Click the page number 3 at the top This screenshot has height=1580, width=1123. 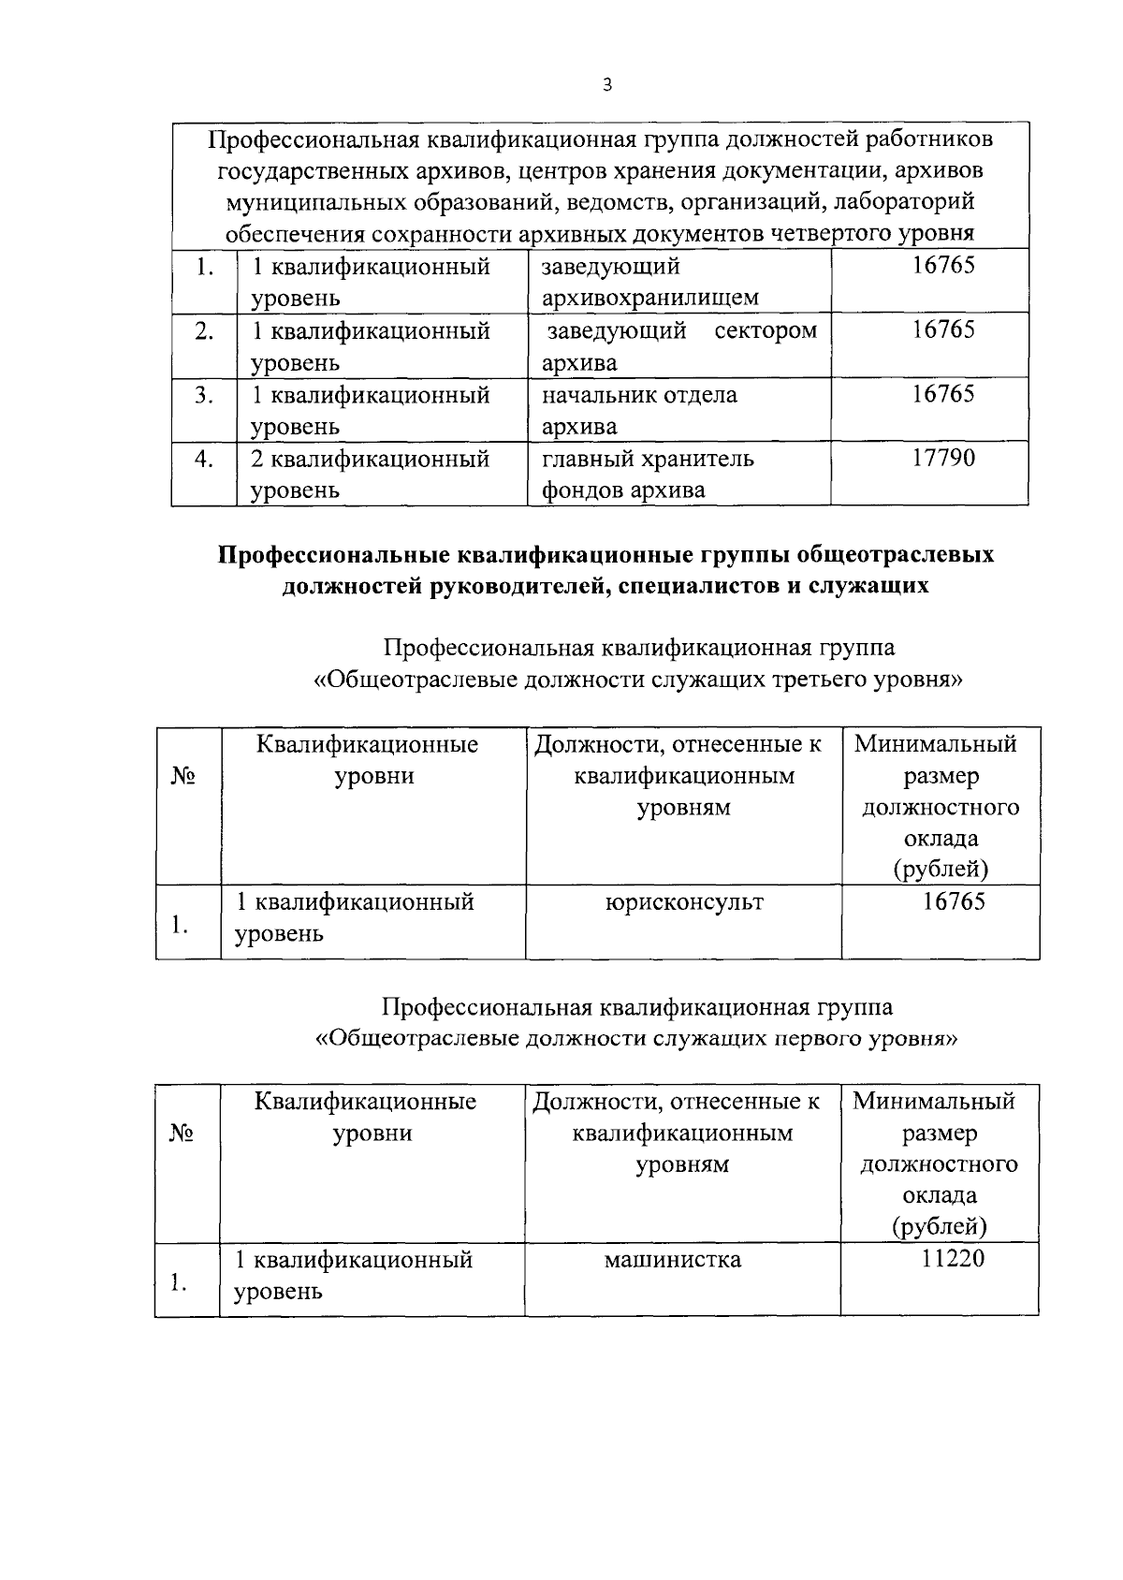[x=606, y=85]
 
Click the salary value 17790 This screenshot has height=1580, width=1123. [x=943, y=459]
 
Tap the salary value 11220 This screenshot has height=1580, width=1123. [x=953, y=1258]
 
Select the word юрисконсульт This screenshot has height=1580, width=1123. [x=683, y=902]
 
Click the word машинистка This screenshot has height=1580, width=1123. [x=672, y=1260]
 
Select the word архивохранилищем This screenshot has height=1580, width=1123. [x=649, y=299]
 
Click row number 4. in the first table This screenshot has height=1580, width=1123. [x=204, y=460]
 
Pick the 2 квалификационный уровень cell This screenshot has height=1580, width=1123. [x=370, y=475]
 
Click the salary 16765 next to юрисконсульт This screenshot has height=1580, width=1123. [x=953, y=901]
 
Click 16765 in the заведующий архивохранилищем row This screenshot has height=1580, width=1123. [x=943, y=266]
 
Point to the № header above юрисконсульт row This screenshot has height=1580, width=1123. [x=182, y=776]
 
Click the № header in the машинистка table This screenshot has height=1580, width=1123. [x=182, y=1134]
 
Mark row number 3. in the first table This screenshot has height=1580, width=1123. [x=204, y=395]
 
